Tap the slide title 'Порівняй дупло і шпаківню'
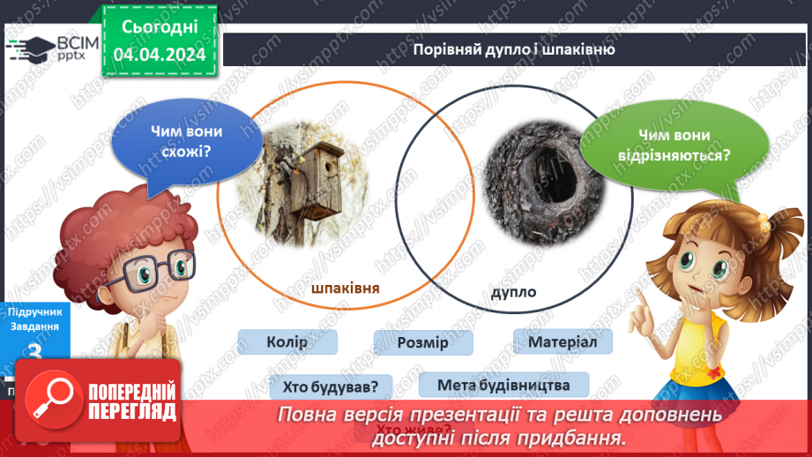[514, 49]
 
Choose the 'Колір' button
[287, 342]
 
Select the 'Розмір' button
[422, 343]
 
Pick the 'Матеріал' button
[562, 341]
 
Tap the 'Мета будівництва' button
[501, 385]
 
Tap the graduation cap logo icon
[33, 48]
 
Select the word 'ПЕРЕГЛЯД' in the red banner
[131, 411]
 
